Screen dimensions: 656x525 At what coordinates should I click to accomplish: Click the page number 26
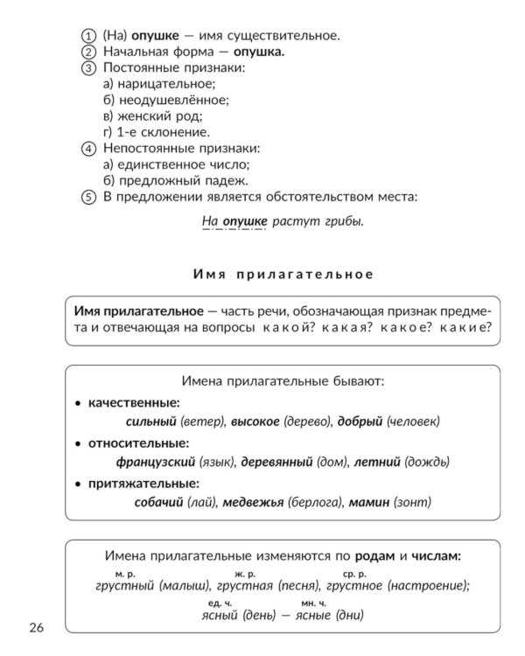[x=36, y=627]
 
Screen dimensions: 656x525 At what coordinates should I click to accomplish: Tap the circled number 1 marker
[x=87, y=36]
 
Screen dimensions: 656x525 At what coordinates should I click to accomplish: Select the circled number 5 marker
[x=87, y=197]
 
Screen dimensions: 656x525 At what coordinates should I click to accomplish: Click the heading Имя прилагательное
[x=283, y=274]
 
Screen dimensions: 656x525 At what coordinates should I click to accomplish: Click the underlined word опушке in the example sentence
[x=244, y=221]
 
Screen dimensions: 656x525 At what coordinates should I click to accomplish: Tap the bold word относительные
[x=138, y=443]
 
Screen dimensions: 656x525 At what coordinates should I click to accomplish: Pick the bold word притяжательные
[x=143, y=483]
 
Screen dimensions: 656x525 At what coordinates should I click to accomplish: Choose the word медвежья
[x=253, y=503]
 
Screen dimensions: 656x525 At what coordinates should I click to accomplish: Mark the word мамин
[x=367, y=503]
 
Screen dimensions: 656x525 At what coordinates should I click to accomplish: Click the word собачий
[x=158, y=503]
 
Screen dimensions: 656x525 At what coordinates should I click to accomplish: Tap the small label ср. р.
[x=354, y=574]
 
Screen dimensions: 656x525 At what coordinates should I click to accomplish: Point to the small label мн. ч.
[x=313, y=604]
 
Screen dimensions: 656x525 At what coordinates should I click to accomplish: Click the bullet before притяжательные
[x=78, y=484]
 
